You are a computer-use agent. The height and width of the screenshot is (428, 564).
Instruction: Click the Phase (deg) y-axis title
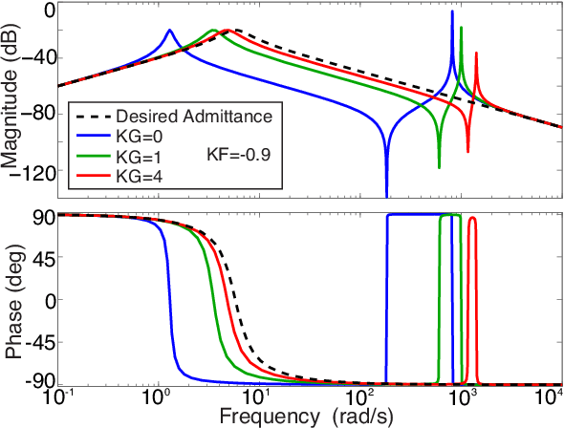[x=13, y=300]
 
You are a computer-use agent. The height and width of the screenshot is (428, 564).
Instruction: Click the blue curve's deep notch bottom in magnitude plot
[x=386, y=194]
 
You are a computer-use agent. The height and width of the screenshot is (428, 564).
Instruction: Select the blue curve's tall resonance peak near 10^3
[x=452, y=12]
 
